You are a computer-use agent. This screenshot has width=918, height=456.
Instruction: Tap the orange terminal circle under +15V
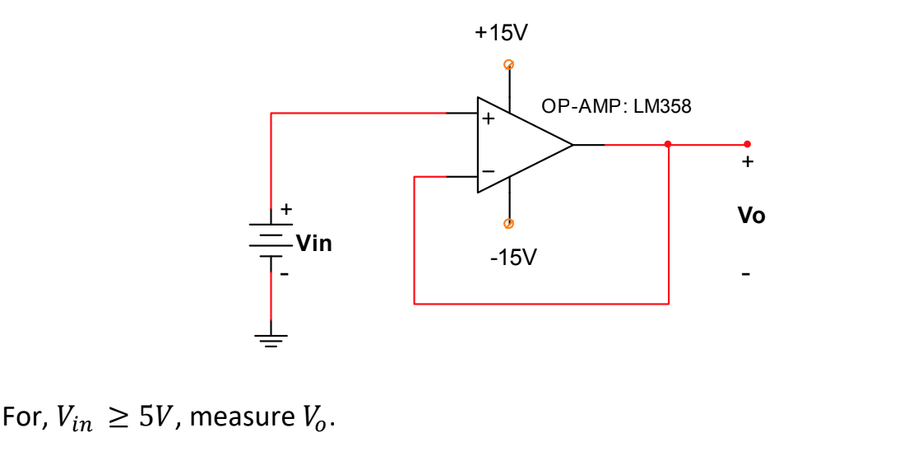508,64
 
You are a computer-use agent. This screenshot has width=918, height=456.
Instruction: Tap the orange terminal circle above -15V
508,223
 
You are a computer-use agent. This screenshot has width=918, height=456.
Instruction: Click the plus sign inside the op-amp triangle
488,119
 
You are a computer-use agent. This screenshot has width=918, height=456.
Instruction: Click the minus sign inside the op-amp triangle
488,170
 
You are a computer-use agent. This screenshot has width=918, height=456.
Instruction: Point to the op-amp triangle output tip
573,145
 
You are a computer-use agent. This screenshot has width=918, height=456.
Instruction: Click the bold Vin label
313,243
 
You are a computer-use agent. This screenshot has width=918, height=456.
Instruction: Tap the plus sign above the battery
285,209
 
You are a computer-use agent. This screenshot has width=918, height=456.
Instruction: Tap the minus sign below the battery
285,273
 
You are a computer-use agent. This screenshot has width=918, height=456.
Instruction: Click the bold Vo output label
751,216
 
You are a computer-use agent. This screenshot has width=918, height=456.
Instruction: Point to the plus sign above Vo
746,163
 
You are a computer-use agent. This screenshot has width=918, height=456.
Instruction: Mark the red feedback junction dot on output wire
668,144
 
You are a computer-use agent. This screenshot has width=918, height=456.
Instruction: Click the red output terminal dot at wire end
747,144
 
